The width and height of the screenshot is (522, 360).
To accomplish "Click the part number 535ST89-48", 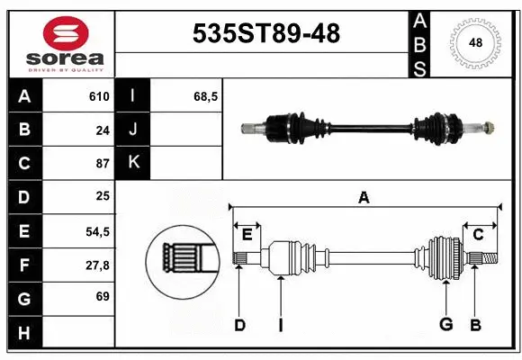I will click(x=267, y=33).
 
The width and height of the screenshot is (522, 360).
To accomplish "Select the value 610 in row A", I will click(x=99, y=96).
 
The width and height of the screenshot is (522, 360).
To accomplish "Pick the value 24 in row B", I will click(x=103, y=130).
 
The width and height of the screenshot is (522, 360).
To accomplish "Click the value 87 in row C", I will click(x=103, y=164).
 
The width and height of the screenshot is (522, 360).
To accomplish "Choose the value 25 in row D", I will click(x=103, y=197).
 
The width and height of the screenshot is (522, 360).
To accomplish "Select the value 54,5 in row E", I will click(x=97, y=231).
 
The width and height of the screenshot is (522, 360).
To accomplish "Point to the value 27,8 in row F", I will click(x=97, y=265).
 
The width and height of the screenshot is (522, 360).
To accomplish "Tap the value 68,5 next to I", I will click(x=206, y=96).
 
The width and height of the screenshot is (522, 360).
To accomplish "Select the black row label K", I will click(x=133, y=164).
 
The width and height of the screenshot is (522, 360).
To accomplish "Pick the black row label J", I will click(x=133, y=130).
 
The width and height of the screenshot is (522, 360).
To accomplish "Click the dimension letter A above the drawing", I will click(x=364, y=198).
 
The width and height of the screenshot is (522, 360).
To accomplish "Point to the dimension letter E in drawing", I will click(x=247, y=234).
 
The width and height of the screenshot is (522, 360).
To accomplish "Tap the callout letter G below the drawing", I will click(x=445, y=325).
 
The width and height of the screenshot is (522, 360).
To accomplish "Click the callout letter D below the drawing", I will click(x=239, y=325).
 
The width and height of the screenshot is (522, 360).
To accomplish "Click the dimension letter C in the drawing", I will click(x=478, y=234).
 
